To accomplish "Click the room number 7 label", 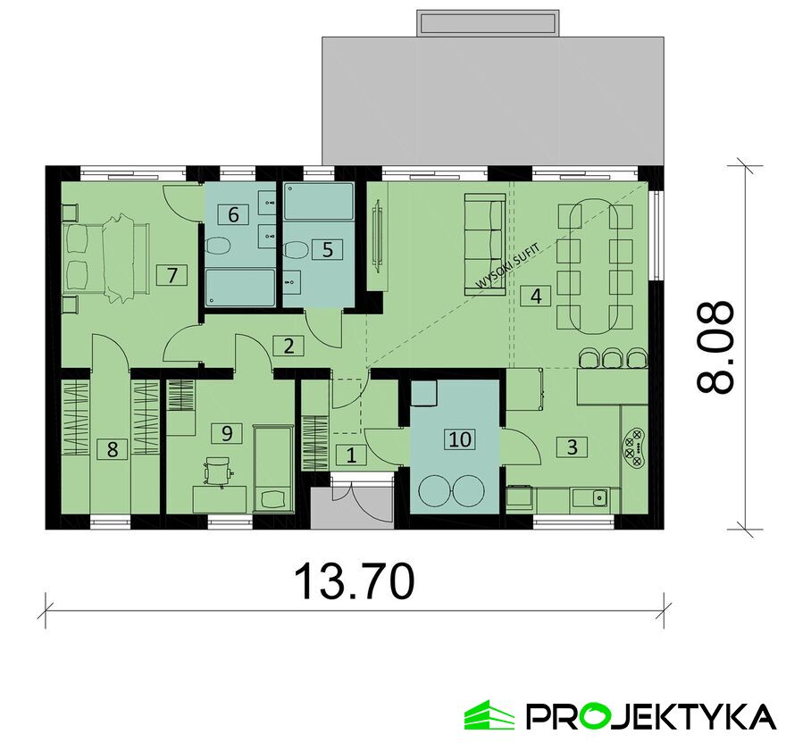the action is pos(171,275).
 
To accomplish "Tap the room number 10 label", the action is pos(460,439).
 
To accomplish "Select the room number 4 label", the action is pos(535,296).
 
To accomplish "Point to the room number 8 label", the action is pos(113,448).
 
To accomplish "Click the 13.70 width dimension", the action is pos(355,581).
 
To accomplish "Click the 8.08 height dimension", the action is pos(715,346).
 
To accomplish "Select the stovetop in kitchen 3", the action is pos(633,447).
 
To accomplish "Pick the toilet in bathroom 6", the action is pos(218,246).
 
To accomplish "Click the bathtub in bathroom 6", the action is pos(240,288).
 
